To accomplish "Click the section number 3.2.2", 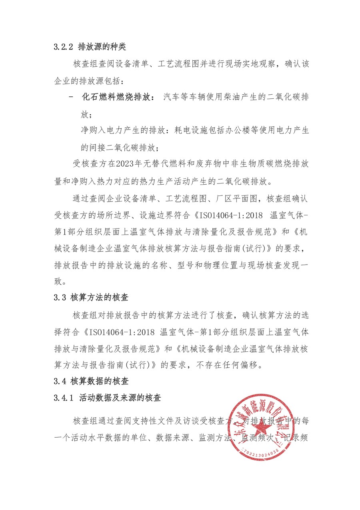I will click(64, 47).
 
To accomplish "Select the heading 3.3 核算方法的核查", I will click(94, 297).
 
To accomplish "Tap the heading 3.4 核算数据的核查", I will click(94, 381).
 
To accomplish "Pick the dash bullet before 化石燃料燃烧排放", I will click(71, 98).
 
